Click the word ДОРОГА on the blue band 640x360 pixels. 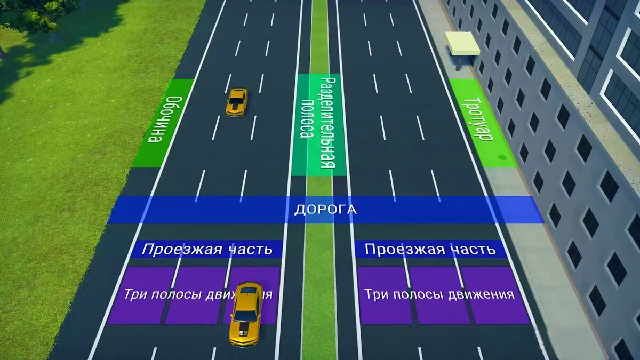click(325, 209)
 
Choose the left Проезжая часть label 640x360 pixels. click(206, 249)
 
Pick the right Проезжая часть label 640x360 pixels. click(430, 249)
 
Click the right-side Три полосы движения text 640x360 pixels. click(439, 294)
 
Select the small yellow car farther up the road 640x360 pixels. click(237, 101)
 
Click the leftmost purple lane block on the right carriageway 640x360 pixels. click(383, 296)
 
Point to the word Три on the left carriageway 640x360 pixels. click(132, 294)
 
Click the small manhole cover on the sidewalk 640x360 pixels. click(502, 157)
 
